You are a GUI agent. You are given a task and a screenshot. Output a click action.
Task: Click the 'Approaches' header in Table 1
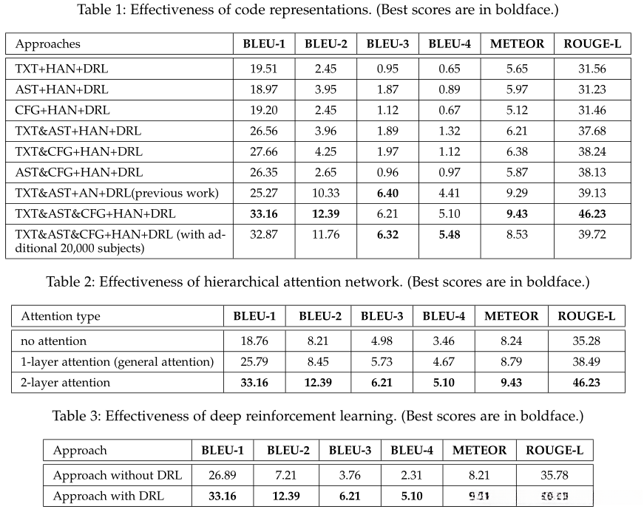(48, 44)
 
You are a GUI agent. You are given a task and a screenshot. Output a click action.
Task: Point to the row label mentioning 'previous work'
(117, 193)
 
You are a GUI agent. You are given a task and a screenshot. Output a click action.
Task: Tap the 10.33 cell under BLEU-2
(325, 193)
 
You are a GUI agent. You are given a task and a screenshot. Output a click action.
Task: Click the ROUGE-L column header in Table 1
(592, 44)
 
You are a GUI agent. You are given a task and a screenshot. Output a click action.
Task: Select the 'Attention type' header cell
(61, 316)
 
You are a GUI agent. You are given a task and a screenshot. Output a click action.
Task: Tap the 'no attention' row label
(54, 341)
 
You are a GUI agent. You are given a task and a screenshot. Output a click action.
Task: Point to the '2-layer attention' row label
(65, 382)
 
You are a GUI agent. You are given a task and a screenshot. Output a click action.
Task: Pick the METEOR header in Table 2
(511, 316)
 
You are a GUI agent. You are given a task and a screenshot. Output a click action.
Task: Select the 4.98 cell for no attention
(382, 341)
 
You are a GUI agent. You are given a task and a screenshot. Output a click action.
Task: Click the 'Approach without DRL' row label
(118, 474)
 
